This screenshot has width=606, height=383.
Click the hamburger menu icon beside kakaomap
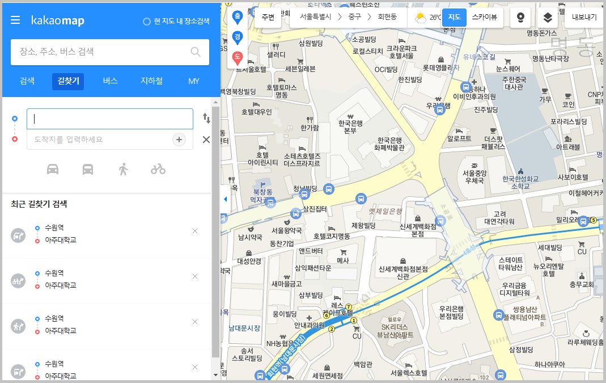coord(15,20)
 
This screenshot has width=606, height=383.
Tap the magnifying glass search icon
coord(196,52)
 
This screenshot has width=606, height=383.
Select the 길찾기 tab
coord(68,81)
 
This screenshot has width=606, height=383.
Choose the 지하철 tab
coord(151,81)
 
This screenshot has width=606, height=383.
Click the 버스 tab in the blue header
coord(110,81)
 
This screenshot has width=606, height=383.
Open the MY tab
coord(194,81)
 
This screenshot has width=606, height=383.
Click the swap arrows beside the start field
coord(206,119)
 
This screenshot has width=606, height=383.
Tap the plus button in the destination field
coord(179,140)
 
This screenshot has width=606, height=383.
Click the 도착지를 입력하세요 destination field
coord(99,140)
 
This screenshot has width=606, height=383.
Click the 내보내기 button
coord(584,17)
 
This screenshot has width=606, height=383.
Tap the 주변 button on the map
coord(268,17)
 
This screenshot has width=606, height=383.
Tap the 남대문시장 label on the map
coord(244,328)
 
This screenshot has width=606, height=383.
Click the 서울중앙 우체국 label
coord(473,176)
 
